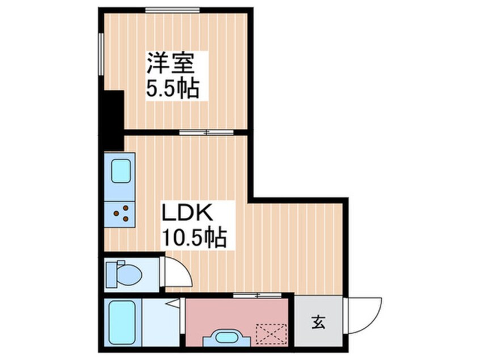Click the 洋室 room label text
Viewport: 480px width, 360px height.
[171, 64]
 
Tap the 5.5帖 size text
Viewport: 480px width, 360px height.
[172, 89]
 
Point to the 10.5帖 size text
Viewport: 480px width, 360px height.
[194, 237]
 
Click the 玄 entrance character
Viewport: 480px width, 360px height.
[318, 322]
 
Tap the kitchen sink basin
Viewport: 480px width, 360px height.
[121, 171]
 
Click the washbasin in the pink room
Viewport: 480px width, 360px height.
[226, 337]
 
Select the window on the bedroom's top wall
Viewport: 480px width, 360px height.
[172, 10]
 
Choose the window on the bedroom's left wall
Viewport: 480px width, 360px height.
[101, 54]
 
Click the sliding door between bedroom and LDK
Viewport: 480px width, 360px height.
[207, 132]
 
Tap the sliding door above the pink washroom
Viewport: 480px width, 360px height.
[257, 295]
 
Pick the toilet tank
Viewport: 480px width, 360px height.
[111, 274]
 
